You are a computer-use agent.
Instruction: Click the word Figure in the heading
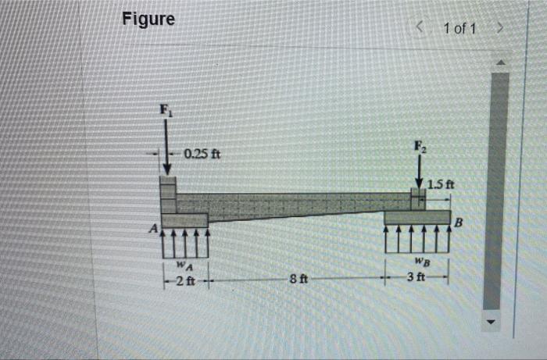148,19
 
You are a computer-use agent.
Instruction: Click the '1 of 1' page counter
459,29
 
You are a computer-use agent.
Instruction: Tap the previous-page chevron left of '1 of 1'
420,29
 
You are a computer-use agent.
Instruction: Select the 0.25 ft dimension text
202,154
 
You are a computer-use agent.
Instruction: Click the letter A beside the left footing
154,229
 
